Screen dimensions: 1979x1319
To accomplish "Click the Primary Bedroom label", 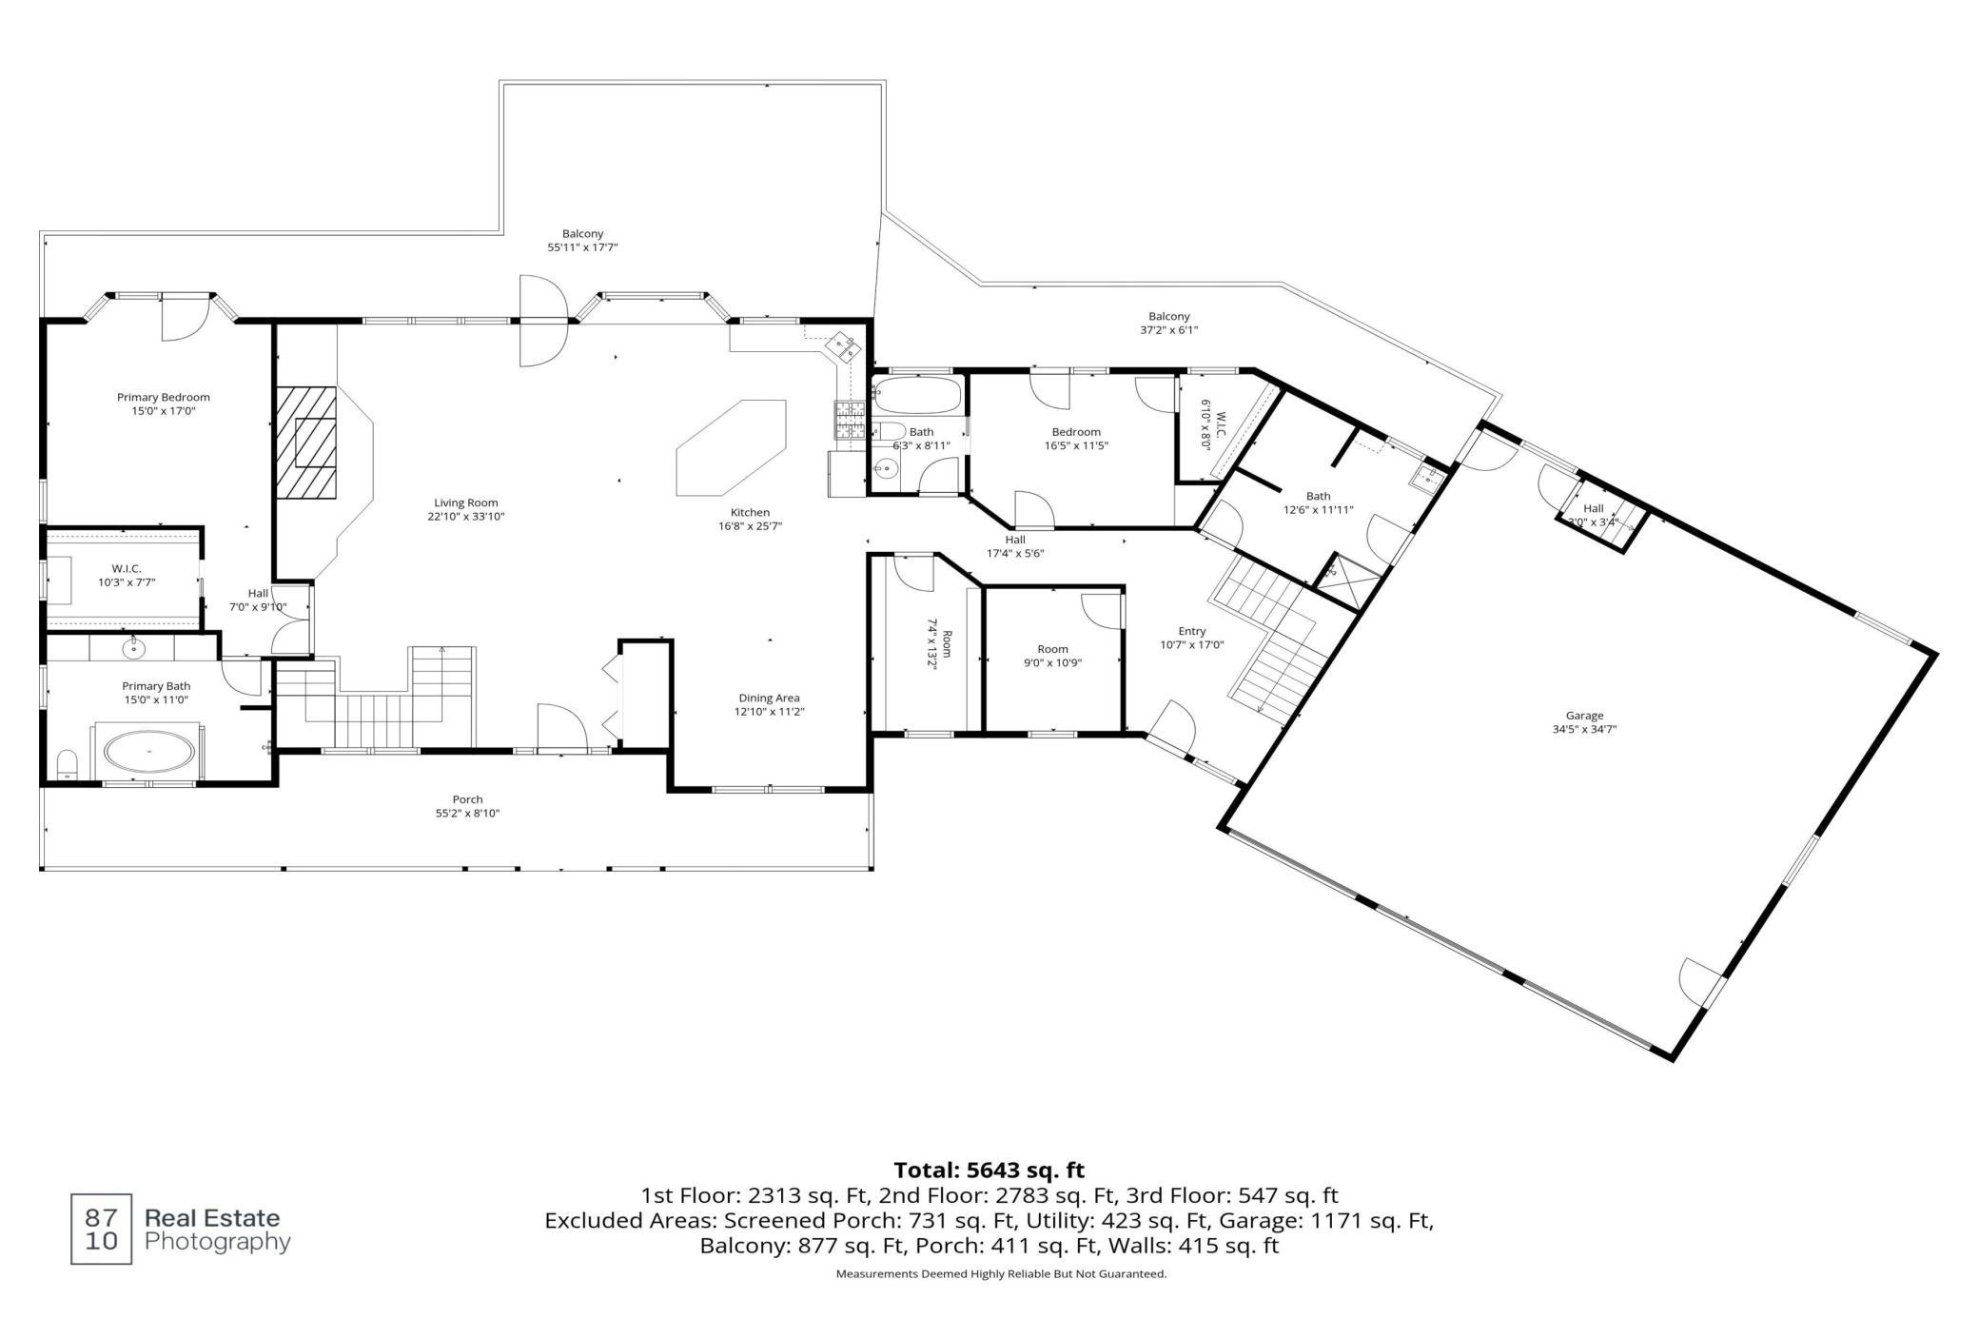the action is [164, 398].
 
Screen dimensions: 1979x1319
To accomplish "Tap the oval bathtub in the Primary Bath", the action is [149, 752].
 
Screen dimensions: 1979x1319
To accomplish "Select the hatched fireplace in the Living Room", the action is [306, 443].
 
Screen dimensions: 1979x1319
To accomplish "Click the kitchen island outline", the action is [731, 448].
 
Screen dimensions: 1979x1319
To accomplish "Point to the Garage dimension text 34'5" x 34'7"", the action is [1584, 730].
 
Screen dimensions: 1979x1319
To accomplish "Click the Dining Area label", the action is [769, 698].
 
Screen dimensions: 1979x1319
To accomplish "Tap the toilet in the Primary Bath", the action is [67, 765].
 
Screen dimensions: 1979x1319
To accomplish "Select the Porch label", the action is [467, 799].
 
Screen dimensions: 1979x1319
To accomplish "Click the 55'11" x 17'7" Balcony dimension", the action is [582, 247].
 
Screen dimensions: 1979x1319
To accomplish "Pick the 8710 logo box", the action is [102, 1230].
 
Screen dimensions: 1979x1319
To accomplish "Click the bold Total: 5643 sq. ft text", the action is [989, 1170].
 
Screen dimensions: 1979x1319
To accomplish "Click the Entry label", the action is [1191, 631].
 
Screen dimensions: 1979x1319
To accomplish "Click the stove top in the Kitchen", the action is [849, 420].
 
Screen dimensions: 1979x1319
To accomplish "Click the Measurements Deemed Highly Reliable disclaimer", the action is [1001, 1274].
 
